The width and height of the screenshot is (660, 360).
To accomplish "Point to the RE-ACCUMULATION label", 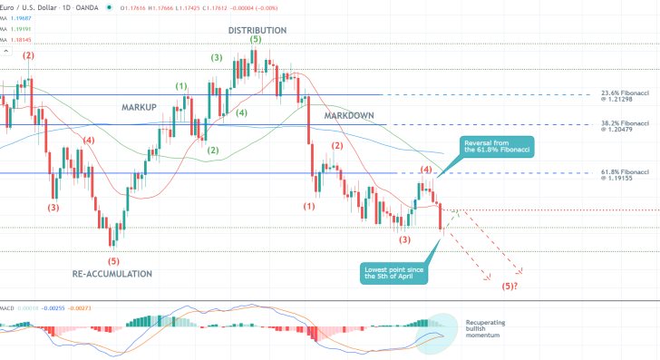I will pos(112,273).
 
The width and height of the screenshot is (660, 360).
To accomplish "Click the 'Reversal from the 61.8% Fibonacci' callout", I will pos(496,148).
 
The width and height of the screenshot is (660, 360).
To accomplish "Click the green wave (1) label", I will pos(181,87).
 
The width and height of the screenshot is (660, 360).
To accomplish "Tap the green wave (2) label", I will pos(212,150).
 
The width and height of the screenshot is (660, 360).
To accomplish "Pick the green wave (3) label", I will pos(216,58).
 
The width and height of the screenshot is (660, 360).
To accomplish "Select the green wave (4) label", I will pos(241,113).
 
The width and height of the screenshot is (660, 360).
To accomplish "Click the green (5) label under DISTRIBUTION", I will pos(256,40).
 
